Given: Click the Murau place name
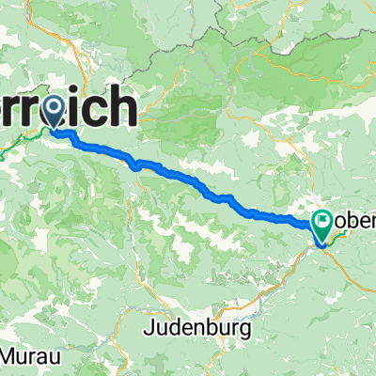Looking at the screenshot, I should [x=27, y=358].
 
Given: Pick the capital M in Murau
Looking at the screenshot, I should [x=12, y=358].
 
